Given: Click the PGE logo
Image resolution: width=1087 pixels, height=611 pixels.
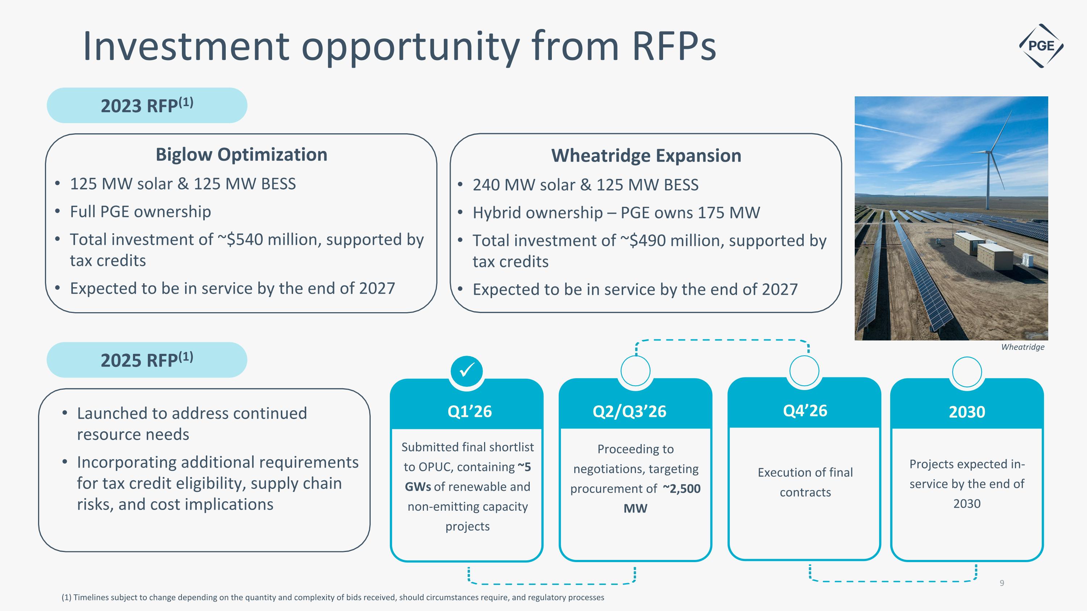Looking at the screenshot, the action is [1041, 46].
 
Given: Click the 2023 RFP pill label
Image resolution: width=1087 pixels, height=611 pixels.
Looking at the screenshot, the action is [147, 105].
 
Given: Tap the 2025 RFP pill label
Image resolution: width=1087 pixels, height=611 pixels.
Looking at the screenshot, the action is [147, 360].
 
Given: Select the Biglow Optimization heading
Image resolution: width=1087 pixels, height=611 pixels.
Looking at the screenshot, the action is [241, 154].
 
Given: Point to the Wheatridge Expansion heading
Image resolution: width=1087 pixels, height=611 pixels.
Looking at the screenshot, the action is [646, 156].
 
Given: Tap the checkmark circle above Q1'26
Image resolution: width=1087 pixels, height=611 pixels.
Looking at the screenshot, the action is [467, 371].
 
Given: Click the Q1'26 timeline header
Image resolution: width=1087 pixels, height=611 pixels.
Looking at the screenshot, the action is [470, 411].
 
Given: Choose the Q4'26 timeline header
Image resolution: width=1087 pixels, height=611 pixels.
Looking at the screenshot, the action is [805, 410].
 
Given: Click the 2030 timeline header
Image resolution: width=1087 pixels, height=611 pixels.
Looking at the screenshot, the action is [967, 411].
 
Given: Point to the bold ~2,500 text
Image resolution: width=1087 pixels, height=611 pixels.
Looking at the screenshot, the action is [682, 488].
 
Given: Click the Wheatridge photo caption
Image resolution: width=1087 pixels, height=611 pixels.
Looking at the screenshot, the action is [1023, 347].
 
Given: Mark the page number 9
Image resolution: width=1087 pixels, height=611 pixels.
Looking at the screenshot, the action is [1002, 583].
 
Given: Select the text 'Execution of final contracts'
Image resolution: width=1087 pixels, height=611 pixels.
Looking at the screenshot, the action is [805, 482].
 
